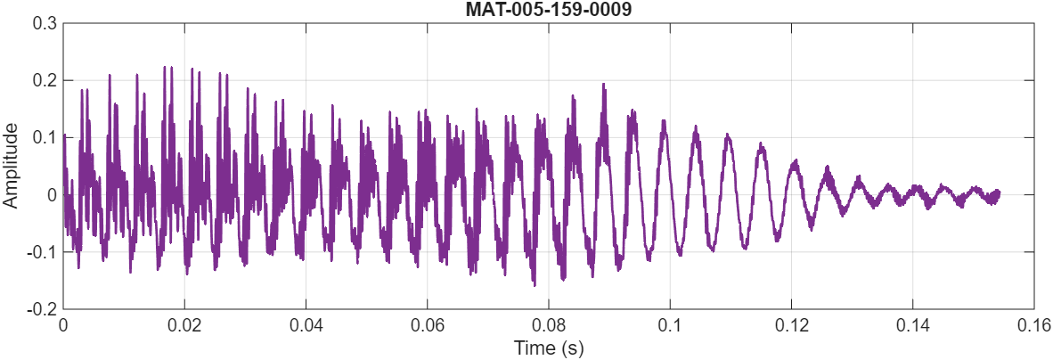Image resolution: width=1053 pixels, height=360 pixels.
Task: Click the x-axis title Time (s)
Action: (549, 348)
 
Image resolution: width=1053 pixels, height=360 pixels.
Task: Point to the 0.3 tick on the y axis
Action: (45, 23)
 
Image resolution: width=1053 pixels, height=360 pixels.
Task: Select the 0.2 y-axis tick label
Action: (45, 80)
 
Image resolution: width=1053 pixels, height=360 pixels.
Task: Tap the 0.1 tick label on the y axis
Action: (45, 137)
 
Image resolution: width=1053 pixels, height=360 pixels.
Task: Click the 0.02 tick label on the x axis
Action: (184, 325)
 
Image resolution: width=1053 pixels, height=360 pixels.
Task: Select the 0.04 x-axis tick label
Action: (306, 325)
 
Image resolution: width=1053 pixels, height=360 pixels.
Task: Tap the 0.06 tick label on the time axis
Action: (428, 325)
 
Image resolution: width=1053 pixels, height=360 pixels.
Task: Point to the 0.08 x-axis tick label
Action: (549, 325)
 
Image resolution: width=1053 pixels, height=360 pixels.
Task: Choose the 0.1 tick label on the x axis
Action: (670, 325)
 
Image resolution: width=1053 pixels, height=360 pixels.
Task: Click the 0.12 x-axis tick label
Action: (791, 325)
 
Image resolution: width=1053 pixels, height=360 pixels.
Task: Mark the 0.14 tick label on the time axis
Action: (913, 325)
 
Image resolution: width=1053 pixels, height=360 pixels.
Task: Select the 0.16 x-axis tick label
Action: (1033, 325)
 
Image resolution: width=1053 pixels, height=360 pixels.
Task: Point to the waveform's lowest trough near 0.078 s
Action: (534, 285)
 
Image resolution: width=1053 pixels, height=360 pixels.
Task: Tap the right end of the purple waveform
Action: (998, 192)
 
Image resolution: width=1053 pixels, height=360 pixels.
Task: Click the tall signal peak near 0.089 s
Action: (604, 85)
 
